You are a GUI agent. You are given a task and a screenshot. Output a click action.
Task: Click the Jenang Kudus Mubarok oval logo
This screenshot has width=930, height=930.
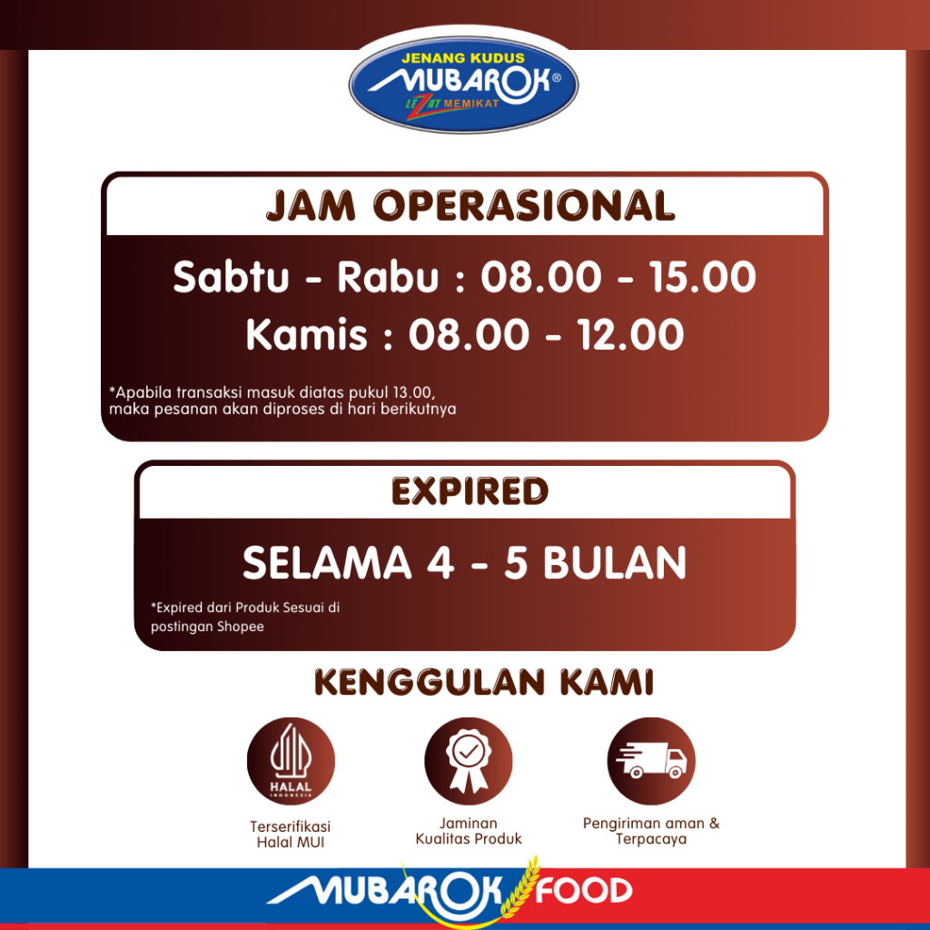pos(464,84)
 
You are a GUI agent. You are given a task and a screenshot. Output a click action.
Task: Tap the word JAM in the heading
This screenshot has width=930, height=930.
pos(311,206)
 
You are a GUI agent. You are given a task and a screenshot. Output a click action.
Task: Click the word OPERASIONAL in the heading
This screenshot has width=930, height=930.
pos(524,206)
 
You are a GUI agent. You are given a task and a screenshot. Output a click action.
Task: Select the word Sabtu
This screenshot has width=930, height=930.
pos(231,277)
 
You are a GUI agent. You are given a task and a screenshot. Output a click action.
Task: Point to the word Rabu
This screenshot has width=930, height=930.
pos(388,277)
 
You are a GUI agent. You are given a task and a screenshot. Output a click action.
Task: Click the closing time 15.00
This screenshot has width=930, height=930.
pos(702,277)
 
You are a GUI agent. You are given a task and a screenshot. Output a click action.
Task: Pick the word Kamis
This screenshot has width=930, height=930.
pos(307,334)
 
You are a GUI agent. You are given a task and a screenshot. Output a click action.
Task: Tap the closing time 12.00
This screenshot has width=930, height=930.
pos(630,334)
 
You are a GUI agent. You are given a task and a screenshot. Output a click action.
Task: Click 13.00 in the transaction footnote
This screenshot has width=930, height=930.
pos(413,392)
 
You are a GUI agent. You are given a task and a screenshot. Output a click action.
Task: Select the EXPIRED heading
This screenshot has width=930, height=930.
pos(470,491)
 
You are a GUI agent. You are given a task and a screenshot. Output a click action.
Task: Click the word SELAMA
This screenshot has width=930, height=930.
pos(327,563)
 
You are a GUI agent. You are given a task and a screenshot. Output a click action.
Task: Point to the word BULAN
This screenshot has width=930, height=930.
pos(615,563)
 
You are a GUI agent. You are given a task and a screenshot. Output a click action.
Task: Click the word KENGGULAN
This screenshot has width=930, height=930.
pos(430,682)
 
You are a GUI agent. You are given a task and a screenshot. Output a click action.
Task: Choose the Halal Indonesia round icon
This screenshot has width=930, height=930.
pos(291,761)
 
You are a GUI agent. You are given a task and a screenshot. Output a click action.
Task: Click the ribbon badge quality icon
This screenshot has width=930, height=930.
pos(469,761)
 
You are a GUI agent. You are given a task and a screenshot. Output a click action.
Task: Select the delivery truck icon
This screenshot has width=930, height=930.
pos(650,761)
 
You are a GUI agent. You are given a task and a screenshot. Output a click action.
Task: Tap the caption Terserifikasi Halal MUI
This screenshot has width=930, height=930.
pos(290,835)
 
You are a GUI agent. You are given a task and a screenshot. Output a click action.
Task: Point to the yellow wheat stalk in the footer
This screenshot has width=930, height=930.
pos(519,886)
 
